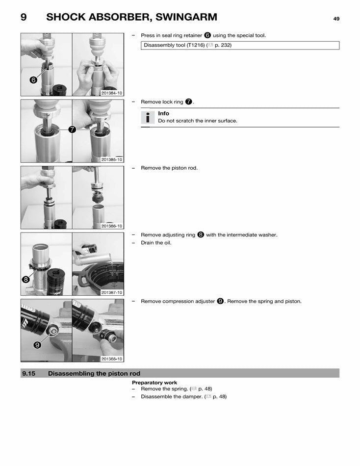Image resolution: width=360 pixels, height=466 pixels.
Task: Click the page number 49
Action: point(336,19)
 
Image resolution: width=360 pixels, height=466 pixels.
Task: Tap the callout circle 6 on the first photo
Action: point(32,80)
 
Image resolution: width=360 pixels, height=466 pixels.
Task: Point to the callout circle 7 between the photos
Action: point(72,130)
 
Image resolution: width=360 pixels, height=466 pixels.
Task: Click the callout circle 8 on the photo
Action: point(26,279)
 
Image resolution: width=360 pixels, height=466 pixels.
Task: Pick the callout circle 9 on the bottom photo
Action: point(36,345)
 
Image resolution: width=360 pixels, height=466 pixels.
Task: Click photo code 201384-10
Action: point(112,93)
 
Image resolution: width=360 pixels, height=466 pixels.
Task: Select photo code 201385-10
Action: point(112,159)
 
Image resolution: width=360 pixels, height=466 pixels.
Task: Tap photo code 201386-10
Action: point(112,226)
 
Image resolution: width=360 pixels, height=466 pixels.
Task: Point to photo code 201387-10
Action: point(112,292)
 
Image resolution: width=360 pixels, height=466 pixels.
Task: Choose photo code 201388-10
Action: point(112,359)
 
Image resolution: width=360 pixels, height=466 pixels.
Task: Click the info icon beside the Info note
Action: point(147,117)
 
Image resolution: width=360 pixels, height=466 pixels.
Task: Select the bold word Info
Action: point(163,113)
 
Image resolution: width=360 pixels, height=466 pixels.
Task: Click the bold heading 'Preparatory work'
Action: point(154,383)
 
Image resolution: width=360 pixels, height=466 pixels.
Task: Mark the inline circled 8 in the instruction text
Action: point(201,234)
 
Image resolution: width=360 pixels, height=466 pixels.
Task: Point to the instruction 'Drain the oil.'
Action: point(156,243)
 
